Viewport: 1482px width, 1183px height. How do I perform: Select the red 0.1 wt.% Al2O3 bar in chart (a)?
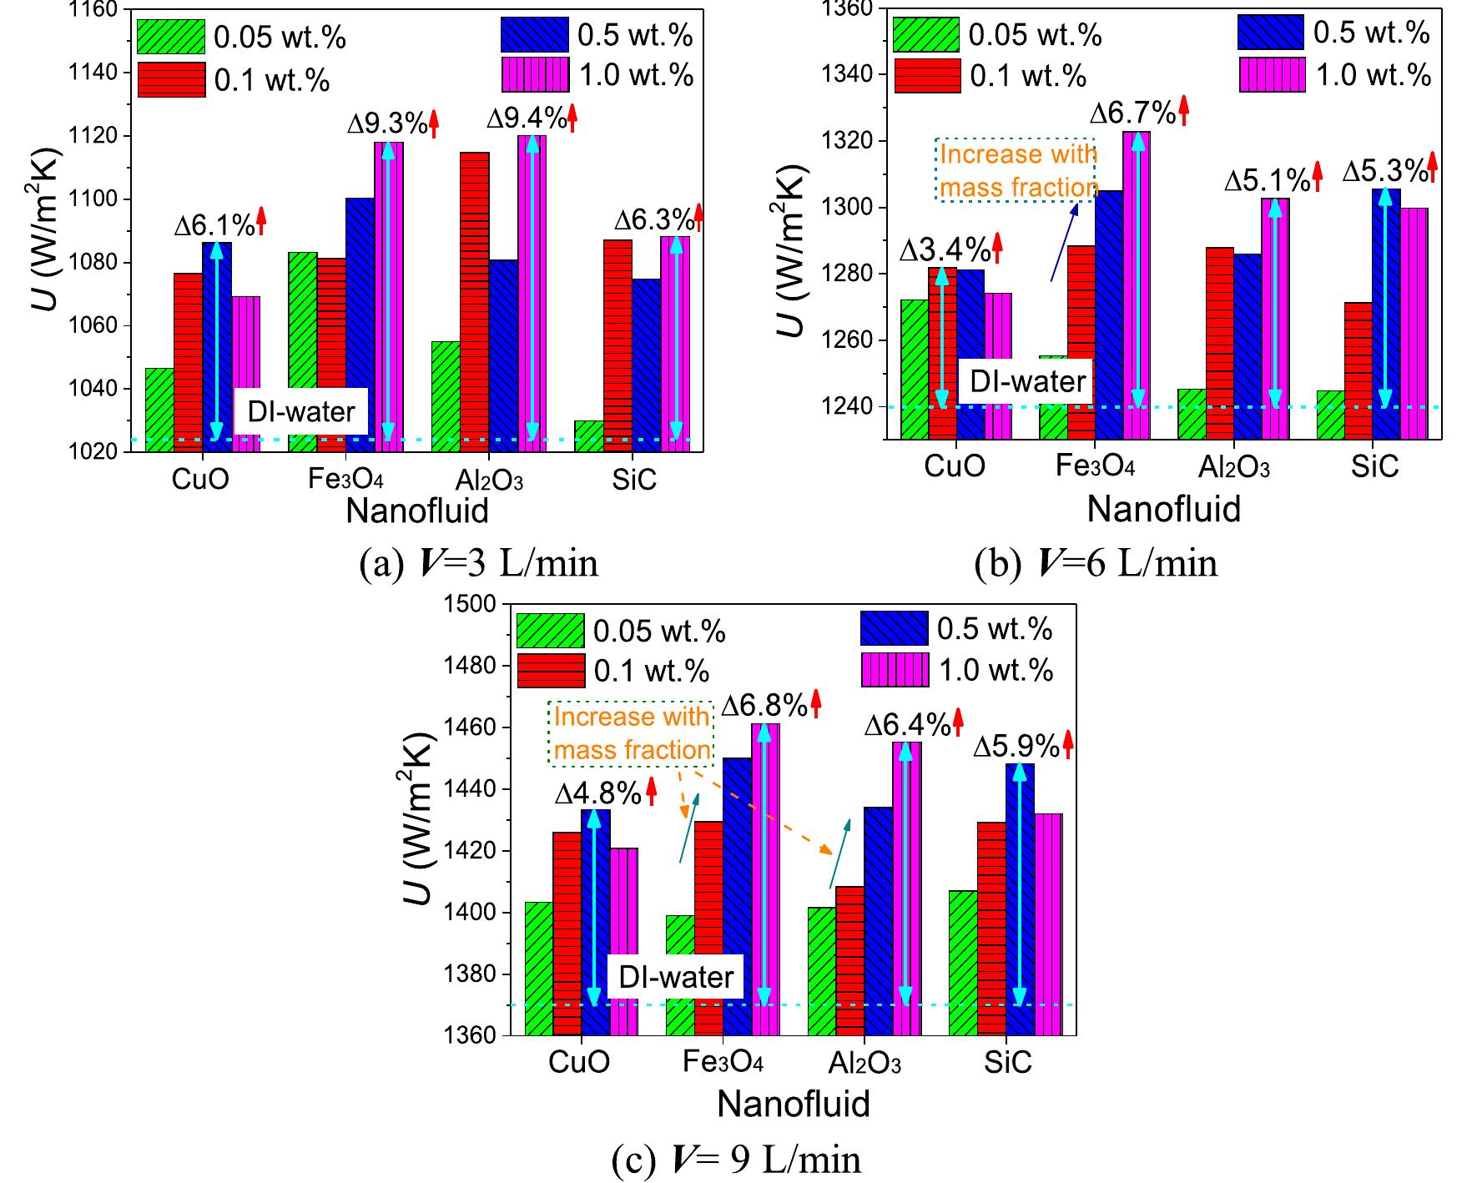coord(475,300)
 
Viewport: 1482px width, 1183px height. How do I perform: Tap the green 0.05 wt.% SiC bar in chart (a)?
coord(589,435)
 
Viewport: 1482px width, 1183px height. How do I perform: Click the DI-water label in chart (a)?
coord(300,412)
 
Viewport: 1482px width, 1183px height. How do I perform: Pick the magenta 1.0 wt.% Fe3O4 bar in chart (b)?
coord(1137,284)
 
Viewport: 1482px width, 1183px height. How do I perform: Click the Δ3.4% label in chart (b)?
coord(945,249)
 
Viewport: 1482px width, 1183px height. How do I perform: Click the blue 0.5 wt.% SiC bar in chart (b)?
coord(1386,313)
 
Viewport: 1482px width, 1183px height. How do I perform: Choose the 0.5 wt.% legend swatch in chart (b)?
coord(1270,32)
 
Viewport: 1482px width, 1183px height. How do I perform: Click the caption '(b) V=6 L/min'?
coord(1096,564)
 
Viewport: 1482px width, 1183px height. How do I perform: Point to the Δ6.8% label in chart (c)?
coord(764,706)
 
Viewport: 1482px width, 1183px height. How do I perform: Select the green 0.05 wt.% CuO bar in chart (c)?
coord(538,968)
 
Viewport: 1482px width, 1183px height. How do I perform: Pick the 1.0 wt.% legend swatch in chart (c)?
coord(894,670)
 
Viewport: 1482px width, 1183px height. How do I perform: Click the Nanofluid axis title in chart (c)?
coord(794,1104)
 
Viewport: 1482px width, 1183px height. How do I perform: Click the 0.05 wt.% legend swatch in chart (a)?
coord(171,36)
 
